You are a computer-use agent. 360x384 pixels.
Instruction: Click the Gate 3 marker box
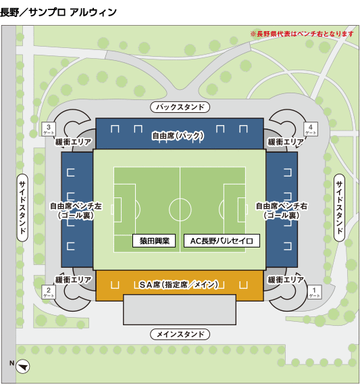pyautogui.click(x=49, y=129)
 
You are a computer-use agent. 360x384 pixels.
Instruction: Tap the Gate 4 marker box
pyautogui.click(x=311, y=129)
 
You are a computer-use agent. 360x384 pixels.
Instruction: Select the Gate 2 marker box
pyautogui.click(x=49, y=292)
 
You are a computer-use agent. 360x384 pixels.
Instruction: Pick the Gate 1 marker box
pyautogui.click(x=314, y=292)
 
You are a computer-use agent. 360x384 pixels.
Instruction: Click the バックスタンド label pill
pyautogui.click(x=180, y=107)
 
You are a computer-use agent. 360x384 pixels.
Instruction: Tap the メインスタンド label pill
pyautogui.click(x=180, y=334)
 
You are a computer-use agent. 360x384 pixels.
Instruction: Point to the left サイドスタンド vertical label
pyautogui.click(x=22, y=208)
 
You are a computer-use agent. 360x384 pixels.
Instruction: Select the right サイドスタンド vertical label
pyautogui.click(x=339, y=208)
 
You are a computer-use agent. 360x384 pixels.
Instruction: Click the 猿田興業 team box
pyautogui.click(x=154, y=241)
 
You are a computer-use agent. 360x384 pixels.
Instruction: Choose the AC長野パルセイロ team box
pyautogui.click(x=222, y=241)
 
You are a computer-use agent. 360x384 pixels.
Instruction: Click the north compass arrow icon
pyautogui.click(x=23, y=367)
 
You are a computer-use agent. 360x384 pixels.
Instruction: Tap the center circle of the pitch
pyautogui.click(x=180, y=210)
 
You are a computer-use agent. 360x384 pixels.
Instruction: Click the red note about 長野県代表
pyautogui.click(x=302, y=34)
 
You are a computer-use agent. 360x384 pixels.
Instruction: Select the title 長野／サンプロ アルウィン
pyautogui.click(x=58, y=12)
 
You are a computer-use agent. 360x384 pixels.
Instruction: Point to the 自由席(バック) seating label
pyautogui.click(x=178, y=136)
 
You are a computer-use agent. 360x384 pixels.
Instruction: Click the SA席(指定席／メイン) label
pyautogui.click(x=179, y=285)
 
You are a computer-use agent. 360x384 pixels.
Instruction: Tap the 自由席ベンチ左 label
pyautogui.click(x=76, y=206)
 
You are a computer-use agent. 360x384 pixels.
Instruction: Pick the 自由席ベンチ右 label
pyautogui.click(x=282, y=206)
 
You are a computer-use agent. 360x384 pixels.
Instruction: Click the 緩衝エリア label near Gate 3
pyautogui.click(x=73, y=142)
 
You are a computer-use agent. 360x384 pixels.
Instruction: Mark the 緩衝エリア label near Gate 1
pyautogui.click(x=286, y=280)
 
